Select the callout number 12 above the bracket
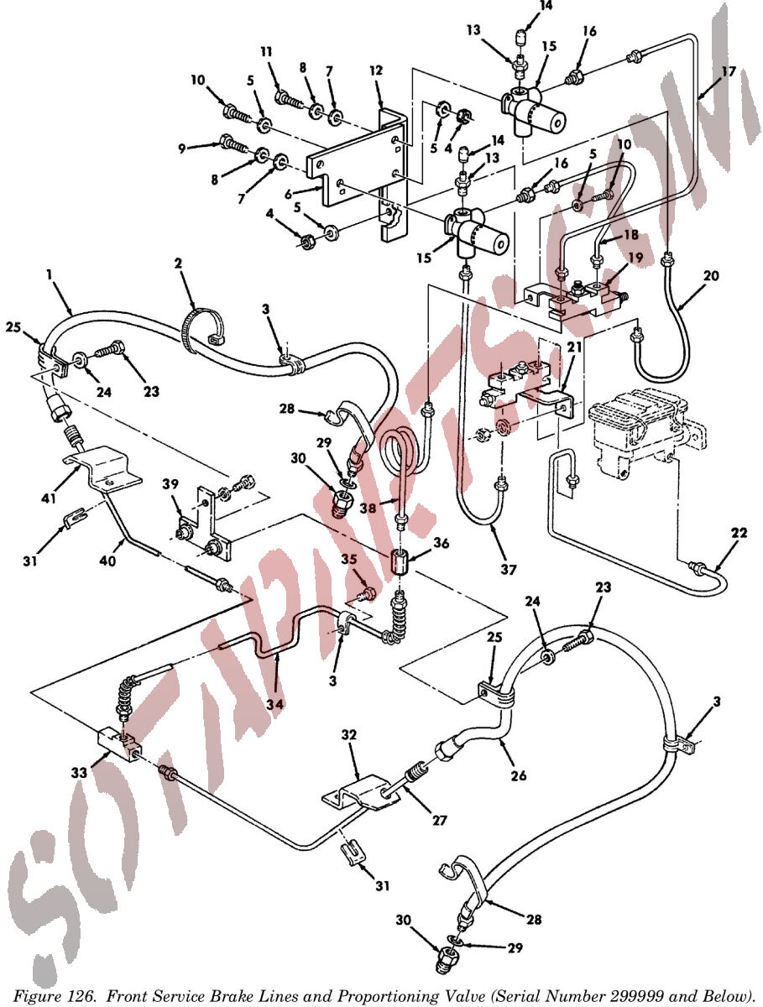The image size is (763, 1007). coord(376,70)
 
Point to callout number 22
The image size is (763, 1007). coord(739,533)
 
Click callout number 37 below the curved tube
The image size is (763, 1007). coord(509,569)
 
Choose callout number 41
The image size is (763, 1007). coord(49,498)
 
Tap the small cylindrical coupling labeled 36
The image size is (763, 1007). coord(400,562)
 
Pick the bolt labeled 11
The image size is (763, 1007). coord(289,99)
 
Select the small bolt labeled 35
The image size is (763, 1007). coord(366,595)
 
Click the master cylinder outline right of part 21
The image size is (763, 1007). coord(646,430)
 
